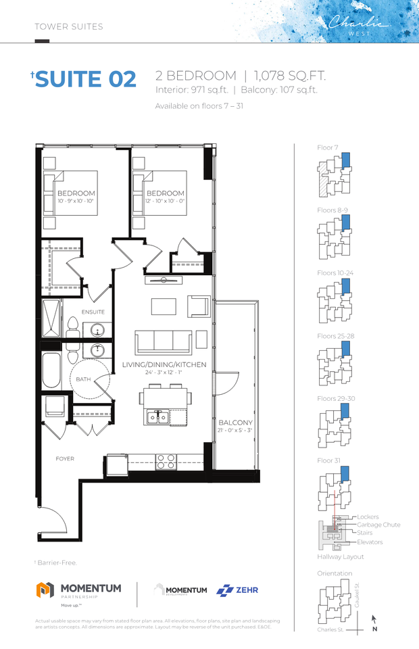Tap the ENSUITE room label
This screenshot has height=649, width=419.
[93, 312]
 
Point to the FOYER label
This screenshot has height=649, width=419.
[65, 459]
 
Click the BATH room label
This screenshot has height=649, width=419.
[83, 379]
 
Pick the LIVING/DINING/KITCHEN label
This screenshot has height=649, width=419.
[164, 364]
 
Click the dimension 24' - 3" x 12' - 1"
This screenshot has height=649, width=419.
[164, 372]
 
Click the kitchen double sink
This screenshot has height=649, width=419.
[157, 416]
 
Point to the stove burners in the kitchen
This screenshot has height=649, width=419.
[166, 461]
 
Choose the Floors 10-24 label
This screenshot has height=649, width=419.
[335, 272]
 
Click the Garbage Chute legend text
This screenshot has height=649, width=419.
[378, 525]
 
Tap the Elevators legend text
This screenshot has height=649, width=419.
[370, 542]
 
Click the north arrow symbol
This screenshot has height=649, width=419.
[374, 619]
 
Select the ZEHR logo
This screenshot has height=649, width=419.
[237, 590]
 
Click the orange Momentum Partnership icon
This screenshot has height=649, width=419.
[45, 590]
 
